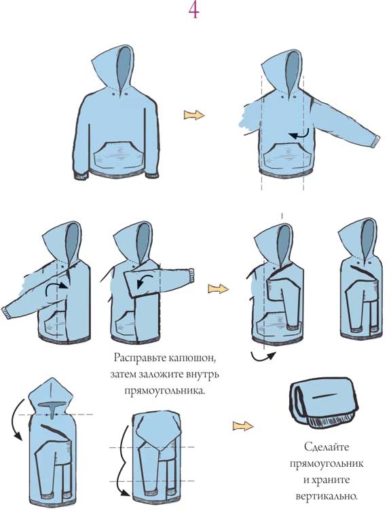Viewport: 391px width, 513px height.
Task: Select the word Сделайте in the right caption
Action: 327,446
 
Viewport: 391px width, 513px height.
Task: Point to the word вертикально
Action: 327,496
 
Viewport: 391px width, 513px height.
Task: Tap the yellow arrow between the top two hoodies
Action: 194,115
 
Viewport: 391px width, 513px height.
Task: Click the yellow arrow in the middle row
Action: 218,288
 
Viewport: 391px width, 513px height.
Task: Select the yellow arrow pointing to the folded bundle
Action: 243,426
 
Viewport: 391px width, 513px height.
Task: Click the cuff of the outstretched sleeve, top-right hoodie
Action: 376,141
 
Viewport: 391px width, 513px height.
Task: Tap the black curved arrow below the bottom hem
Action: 263,356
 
